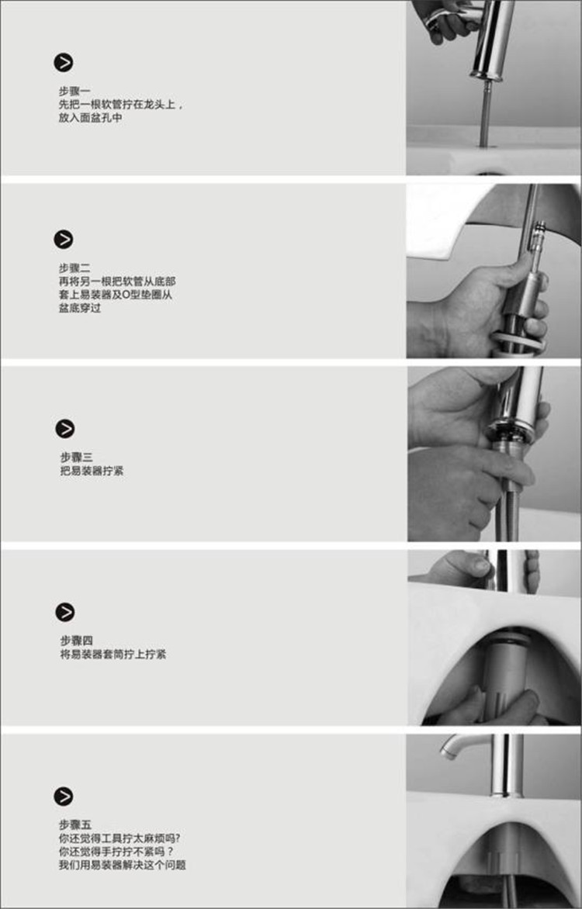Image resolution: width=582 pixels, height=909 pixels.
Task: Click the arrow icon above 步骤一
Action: click(x=64, y=63)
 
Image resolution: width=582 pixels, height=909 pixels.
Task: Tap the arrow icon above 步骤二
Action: click(x=64, y=239)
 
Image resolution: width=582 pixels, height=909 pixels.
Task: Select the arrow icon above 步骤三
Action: click(x=65, y=428)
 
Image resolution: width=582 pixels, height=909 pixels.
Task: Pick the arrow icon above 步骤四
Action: click(x=65, y=612)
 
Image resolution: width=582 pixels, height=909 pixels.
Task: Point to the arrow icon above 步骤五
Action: click(x=64, y=796)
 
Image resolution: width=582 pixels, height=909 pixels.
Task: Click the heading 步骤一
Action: click(x=74, y=91)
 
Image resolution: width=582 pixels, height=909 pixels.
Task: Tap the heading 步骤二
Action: click(x=74, y=268)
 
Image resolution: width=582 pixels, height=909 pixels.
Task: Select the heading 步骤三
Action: click(x=76, y=457)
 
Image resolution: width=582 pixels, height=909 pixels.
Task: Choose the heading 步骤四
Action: click(x=76, y=640)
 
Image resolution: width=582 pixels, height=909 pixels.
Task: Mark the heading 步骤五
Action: click(x=74, y=824)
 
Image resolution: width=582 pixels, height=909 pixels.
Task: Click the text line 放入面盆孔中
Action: click(x=90, y=118)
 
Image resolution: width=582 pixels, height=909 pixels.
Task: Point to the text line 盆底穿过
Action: click(x=79, y=308)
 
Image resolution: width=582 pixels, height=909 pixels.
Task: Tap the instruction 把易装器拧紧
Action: click(x=92, y=471)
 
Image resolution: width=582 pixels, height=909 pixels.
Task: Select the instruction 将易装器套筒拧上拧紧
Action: click(x=113, y=654)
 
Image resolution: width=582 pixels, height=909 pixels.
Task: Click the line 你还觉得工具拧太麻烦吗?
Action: click(x=120, y=838)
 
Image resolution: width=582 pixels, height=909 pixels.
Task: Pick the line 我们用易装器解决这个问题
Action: click(x=122, y=865)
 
